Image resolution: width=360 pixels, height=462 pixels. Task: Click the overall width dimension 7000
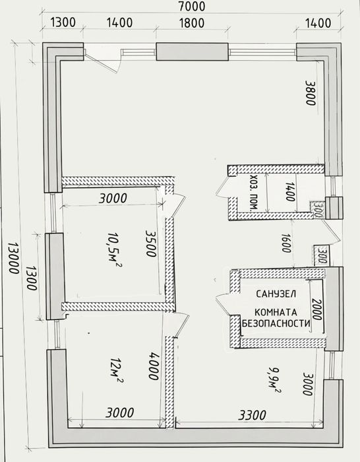192,6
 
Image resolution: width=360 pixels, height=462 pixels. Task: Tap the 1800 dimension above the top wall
192,23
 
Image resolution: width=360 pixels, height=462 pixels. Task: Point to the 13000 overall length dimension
13,258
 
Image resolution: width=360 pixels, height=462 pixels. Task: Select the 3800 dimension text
311,93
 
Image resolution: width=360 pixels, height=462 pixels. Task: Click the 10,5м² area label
114,249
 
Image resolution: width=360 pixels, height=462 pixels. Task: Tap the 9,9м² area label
274,380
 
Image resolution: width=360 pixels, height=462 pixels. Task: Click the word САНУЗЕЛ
276,294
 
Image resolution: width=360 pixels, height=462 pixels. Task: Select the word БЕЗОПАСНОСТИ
276,323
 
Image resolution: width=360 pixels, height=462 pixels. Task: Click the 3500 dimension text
151,244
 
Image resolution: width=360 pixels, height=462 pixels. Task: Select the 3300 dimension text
252,415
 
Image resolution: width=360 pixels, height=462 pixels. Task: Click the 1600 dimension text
285,243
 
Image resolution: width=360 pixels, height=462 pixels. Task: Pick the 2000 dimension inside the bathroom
316,310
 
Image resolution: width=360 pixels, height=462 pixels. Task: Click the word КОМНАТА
276,312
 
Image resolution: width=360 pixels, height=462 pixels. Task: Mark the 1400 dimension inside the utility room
290,192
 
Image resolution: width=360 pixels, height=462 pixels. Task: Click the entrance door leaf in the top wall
102,63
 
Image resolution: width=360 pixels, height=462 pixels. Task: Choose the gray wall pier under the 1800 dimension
193,52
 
